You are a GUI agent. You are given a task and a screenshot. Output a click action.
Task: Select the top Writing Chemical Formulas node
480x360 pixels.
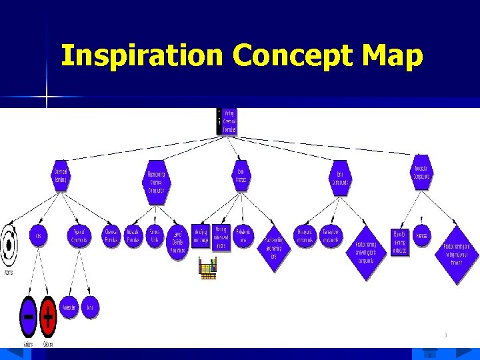(x=229, y=121)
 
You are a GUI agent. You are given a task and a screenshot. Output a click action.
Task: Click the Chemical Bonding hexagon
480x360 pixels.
(x=61, y=175)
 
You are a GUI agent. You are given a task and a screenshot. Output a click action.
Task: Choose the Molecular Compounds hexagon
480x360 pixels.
(x=421, y=172)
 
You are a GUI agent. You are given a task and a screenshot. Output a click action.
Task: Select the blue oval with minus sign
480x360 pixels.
(x=28, y=317)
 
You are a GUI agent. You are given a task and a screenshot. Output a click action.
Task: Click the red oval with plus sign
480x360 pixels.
(x=48, y=317)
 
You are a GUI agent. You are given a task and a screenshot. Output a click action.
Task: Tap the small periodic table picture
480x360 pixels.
(x=209, y=267)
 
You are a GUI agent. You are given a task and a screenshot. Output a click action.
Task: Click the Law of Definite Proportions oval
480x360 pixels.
(x=177, y=242)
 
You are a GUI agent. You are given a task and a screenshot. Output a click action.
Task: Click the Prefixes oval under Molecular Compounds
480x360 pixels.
(x=421, y=236)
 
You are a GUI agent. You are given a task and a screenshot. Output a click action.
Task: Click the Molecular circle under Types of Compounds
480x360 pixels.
(x=69, y=307)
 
